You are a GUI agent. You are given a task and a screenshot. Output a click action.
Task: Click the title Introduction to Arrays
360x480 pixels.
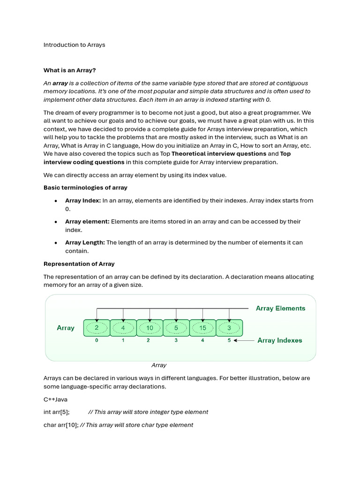coord(74,45)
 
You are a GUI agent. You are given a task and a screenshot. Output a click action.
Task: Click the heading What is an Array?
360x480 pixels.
coord(69,70)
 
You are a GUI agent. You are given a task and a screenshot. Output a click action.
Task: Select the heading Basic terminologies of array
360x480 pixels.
coord(85,187)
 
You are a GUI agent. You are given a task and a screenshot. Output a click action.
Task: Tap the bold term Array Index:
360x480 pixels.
coord(83,201)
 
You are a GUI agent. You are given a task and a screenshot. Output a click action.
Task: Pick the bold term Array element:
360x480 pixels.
coord(87,221)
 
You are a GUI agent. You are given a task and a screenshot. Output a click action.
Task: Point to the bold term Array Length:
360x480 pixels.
coord(85,242)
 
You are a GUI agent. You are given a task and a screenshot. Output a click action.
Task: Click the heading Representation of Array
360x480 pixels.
coord(79,264)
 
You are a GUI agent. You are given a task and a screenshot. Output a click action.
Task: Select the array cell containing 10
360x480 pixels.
coord(150,328)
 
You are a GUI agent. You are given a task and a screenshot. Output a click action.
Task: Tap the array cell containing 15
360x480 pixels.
coord(202,328)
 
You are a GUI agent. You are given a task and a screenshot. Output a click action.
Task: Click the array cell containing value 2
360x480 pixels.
coord(97,328)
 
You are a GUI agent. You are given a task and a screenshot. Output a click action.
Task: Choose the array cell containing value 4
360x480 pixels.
coord(123,328)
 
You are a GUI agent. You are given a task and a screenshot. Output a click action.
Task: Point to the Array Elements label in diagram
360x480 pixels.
coord(280,308)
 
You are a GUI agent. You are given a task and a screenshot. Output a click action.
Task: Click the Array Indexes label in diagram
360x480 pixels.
coord(280,340)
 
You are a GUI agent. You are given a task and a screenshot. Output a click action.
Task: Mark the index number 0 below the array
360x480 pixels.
coord(97,340)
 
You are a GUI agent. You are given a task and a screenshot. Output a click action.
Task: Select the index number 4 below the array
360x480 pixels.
coord(202,340)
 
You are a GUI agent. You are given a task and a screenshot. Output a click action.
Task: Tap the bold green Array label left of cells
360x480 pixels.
coord(66,328)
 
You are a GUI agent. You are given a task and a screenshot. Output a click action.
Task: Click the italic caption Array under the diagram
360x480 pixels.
coord(159,365)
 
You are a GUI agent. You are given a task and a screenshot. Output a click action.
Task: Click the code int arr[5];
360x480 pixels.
coord(57,412)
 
